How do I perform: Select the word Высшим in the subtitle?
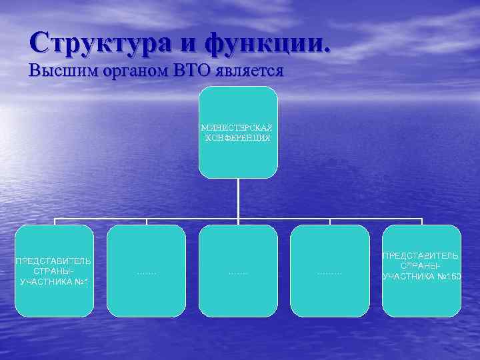click(x=57, y=71)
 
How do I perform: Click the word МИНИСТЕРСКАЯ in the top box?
click(x=238, y=127)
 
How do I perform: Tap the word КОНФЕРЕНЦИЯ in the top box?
click(x=238, y=137)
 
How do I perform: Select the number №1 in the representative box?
click(x=81, y=282)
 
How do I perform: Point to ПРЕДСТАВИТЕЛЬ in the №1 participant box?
click(x=54, y=261)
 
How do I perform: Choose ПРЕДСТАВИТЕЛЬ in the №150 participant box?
click(x=421, y=255)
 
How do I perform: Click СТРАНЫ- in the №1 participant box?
click(x=54, y=271)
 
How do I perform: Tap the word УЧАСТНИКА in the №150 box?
click(x=409, y=276)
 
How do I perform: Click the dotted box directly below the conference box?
click(x=238, y=271)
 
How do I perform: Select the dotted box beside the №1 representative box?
click(x=146, y=271)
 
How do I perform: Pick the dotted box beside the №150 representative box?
click(x=330, y=271)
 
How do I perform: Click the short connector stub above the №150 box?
click(x=421, y=221)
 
